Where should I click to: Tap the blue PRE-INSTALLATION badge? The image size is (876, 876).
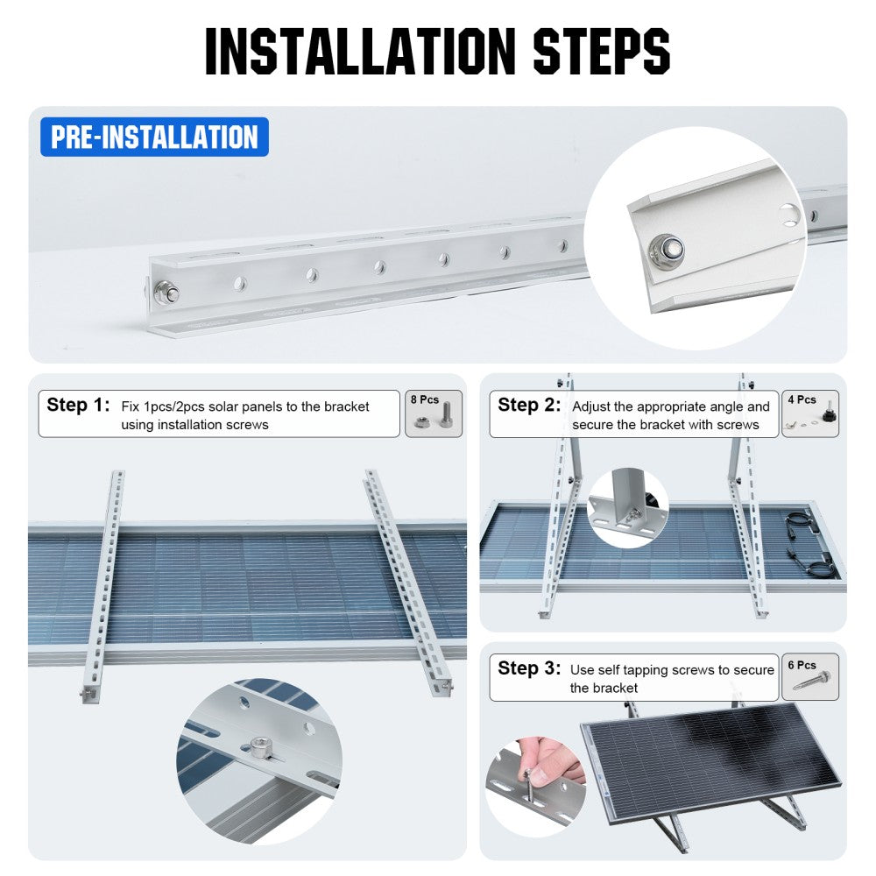coord(154,138)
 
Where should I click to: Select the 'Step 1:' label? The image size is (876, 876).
coord(79,406)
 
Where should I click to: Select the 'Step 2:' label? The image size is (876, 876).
coord(529,406)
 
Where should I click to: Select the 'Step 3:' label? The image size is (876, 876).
coord(529,668)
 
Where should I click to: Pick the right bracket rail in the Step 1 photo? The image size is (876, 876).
coord(407,578)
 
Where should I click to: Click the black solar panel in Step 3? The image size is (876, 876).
coord(710,753)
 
